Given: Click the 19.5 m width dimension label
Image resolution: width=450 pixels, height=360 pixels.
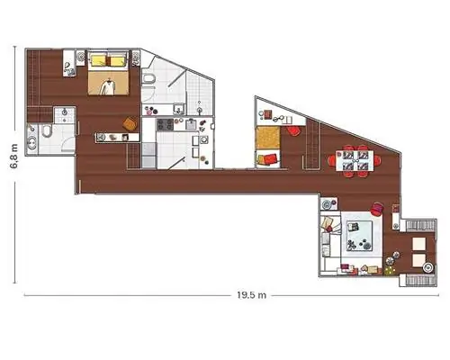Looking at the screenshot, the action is [251, 295].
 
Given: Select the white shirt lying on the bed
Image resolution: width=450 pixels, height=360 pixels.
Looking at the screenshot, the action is [108, 87].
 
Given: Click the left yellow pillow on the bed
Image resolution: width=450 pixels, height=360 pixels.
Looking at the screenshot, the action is [98, 60].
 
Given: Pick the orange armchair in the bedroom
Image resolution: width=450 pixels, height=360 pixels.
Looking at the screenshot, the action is [130, 124].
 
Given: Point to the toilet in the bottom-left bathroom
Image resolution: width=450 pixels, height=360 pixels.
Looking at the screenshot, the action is [47, 130].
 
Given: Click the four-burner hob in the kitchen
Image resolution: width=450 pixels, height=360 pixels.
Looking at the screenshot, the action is [165, 124].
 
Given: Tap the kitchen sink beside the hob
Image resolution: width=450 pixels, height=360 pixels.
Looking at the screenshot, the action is [191, 124].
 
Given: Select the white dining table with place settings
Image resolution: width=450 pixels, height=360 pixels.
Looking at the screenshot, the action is [355, 161].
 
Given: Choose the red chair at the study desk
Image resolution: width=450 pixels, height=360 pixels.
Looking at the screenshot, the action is [294, 131].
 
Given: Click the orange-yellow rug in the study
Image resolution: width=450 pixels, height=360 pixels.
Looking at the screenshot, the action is [267, 138].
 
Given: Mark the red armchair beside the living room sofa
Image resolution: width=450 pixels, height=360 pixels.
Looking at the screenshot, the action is [377, 209].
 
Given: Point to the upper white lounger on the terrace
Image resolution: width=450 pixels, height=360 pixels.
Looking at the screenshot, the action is [419, 244].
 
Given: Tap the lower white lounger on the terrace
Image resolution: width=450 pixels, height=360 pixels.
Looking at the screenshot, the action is [419, 260].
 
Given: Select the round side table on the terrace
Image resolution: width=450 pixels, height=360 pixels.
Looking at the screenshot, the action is [428, 268].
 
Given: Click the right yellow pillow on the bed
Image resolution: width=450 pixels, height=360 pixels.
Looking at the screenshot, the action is [117, 61].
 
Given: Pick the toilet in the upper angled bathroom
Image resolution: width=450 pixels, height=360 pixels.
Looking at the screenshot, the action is [148, 79].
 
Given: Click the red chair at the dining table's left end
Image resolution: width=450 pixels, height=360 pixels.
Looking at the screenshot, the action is [332, 160].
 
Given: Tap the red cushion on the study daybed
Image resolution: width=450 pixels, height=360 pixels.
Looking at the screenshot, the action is [269, 158].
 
